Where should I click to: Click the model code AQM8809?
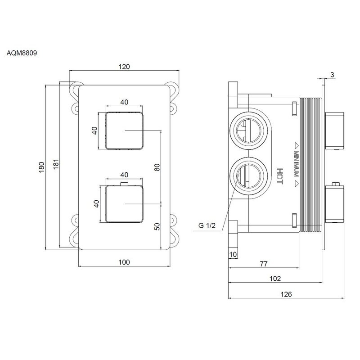(x=22, y=53)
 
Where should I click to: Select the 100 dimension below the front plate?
(x=124, y=262)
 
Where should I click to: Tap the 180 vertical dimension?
(x=41, y=166)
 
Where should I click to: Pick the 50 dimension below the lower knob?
(x=157, y=226)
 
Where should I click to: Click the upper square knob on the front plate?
(x=124, y=130)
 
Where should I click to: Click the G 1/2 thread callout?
(x=207, y=225)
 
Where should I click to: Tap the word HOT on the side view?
(x=279, y=175)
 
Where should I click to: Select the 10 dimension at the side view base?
(x=233, y=255)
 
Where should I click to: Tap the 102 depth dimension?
(x=274, y=279)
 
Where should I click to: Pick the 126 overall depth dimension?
(x=287, y=294)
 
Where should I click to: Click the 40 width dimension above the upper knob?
(x=124, y=102)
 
